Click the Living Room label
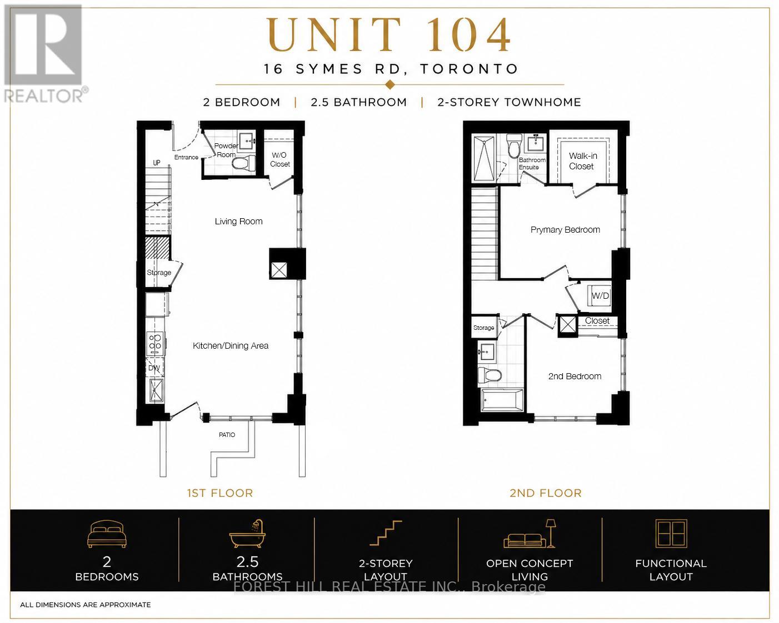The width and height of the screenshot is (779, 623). (238, 222)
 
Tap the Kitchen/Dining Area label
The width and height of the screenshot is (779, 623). (230, 345)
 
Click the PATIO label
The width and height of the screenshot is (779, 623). (227, 435)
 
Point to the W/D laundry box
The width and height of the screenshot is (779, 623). (600, 296)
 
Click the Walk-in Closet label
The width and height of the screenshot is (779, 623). (582, 161)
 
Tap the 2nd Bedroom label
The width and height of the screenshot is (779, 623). (575, 376)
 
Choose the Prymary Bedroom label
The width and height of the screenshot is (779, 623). (565, 230)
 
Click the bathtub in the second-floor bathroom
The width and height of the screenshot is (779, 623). (502, 400)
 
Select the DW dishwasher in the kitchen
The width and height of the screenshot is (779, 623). (153, 368)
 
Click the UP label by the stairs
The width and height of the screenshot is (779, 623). (157, 163)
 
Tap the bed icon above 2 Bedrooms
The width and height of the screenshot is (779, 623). (107, 534)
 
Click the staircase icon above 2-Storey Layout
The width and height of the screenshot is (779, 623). (386, 532)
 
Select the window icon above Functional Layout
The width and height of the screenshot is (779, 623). (671, 534)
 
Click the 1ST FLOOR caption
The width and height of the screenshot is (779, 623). (219, 493)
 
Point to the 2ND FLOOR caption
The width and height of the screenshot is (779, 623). (545, 493)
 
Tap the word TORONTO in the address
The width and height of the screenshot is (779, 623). (469, 69)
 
